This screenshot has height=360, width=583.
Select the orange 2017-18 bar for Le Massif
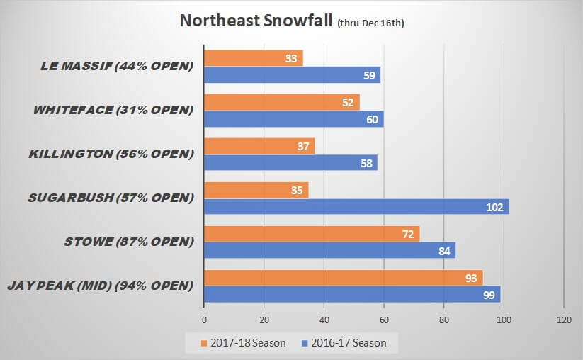253,58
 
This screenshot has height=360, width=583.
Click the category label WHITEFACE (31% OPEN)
113,111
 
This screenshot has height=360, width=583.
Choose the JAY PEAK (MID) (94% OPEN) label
100,286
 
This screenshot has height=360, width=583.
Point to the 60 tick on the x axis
383,320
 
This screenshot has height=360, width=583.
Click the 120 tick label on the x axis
563,320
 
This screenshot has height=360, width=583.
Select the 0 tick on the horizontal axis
204,320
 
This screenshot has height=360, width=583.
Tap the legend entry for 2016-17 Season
346,343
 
